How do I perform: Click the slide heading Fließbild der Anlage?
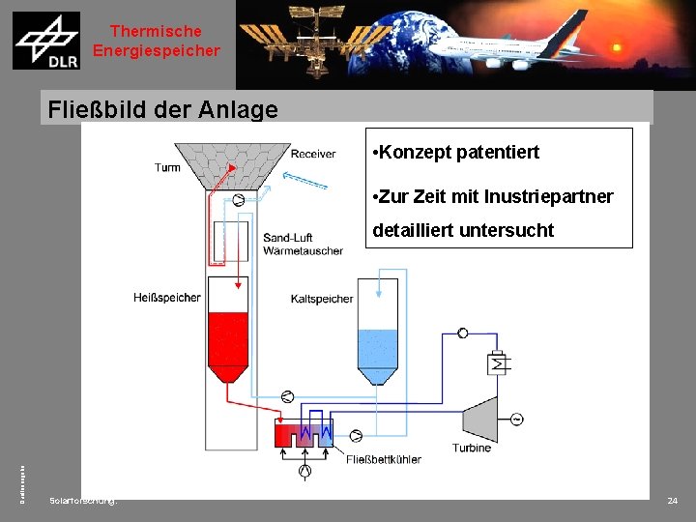[162, 109]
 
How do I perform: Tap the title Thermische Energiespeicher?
[157, 42]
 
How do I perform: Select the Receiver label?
[313, 154]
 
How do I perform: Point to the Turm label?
[167, 167]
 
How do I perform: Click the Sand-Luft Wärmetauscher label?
[303, 244]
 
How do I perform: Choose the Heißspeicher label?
[167, 297]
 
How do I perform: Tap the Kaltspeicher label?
[322, 299]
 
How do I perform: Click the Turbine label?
[472, 448]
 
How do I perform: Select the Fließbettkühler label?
[384, 459]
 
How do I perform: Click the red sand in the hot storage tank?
[228, 338]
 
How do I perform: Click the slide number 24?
[673, 501]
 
